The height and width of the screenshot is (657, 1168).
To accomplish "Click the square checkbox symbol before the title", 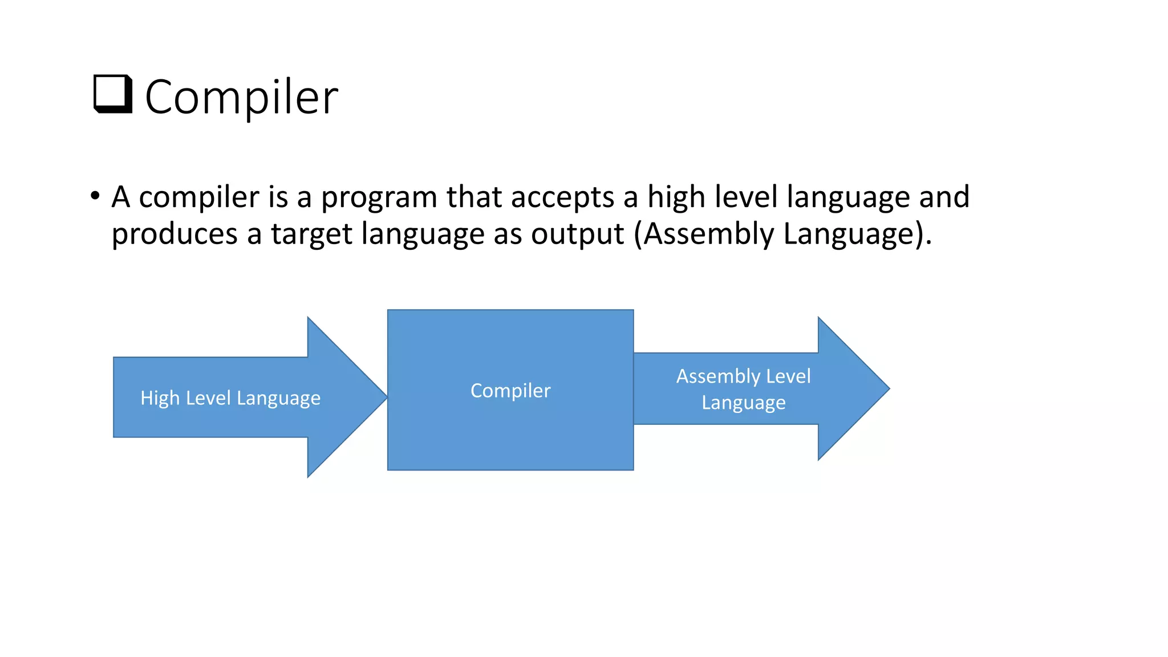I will (112, 95).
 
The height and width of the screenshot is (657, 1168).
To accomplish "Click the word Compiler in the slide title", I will (241, 97).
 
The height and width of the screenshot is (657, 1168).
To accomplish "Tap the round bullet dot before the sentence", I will (95, 196).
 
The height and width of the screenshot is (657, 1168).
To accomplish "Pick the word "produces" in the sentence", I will (174, 234).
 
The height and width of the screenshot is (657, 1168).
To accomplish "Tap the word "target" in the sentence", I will (311, 234).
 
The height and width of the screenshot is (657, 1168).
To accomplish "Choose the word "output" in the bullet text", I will (577, 234).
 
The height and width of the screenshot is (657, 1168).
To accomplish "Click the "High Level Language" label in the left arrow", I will (230, 398).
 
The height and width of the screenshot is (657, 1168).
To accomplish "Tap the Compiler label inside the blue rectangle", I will (510, 391).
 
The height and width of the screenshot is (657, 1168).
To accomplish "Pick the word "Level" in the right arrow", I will (788, 376).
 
